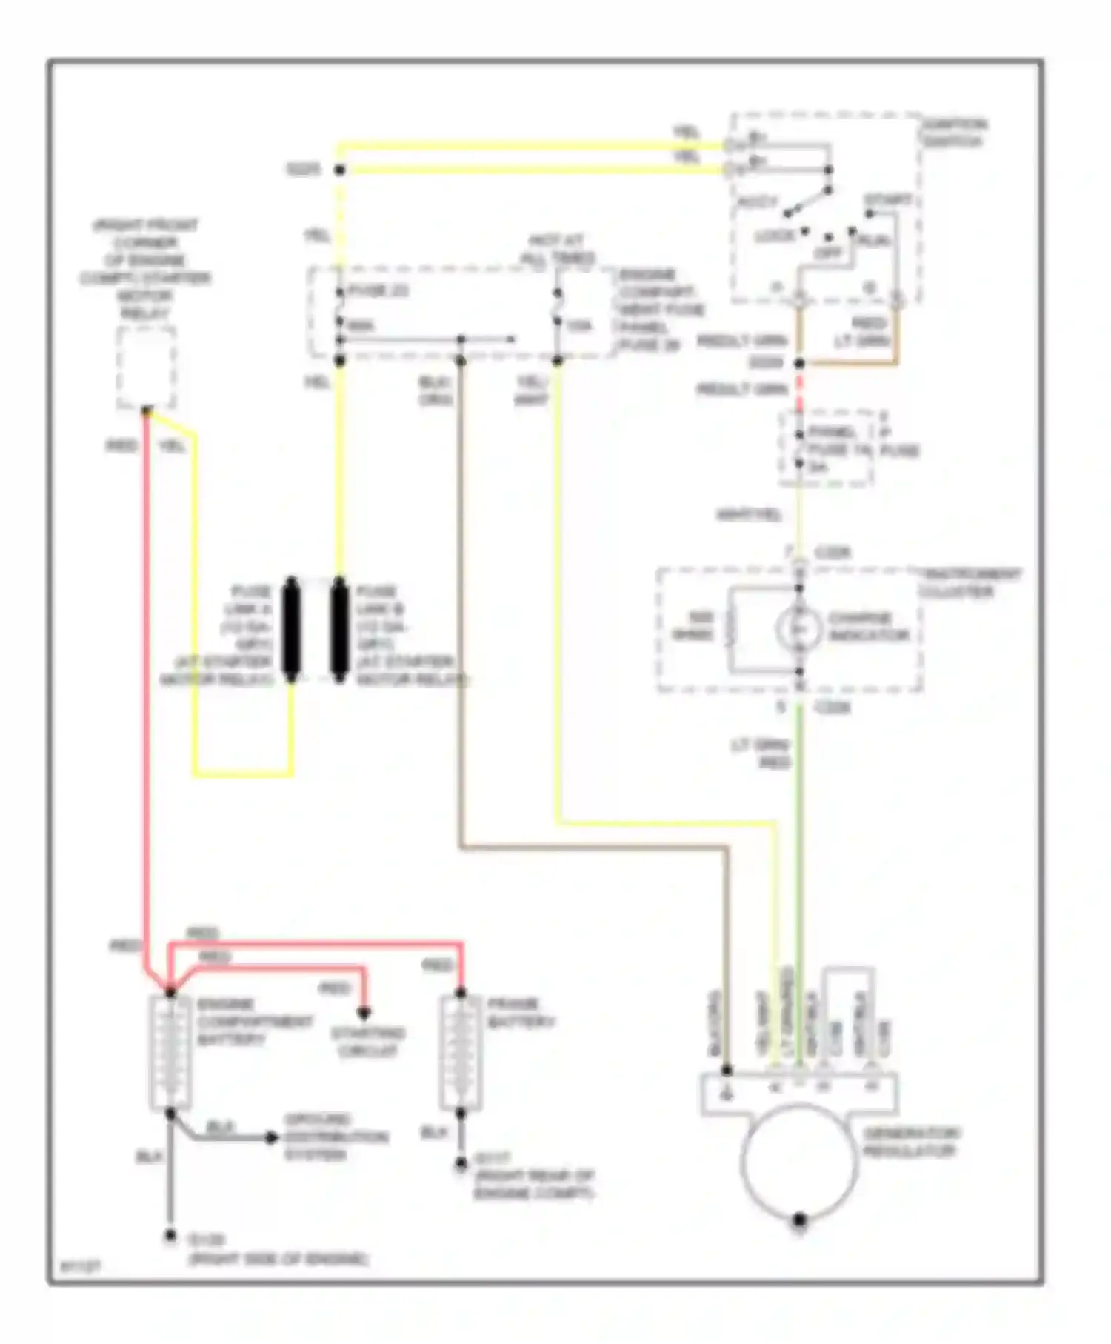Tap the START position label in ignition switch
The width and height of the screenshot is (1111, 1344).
888,201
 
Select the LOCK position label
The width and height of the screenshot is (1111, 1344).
774,237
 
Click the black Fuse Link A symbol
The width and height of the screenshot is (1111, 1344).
291,630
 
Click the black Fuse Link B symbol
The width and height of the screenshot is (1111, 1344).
339,630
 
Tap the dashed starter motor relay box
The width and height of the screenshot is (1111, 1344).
147,367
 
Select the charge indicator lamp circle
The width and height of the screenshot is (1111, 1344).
798,629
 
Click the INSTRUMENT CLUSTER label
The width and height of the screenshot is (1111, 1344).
969,582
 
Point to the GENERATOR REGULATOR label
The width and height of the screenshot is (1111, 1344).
910,1142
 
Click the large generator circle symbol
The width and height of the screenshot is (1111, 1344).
798,1160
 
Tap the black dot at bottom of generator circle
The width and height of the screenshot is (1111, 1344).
798,1220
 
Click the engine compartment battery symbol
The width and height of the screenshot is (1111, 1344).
170,1052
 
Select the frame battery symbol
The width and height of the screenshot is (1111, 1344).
460,1052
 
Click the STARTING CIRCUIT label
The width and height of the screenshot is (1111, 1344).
367,1042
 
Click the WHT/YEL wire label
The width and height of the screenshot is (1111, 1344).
749,515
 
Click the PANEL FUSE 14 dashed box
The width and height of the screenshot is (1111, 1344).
826,448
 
